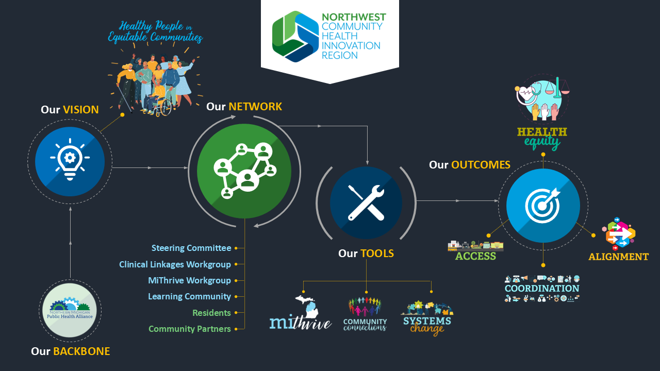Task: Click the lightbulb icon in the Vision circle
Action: click(70, 159)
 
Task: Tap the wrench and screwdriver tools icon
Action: click(366, 203)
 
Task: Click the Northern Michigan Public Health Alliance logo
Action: click(70, 310)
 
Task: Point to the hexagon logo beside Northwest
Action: click(295, 37)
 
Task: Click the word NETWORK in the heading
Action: click(255, 107)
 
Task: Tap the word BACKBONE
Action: click(81, 351)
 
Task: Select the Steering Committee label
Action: click(191, 248)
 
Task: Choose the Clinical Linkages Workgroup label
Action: click(175, 264)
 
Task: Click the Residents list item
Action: click(211, 313)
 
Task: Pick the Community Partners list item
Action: click(189, 329)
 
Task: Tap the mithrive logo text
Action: click(301, 323)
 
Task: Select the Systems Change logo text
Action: click(427, 325)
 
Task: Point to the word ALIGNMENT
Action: click(618, 257)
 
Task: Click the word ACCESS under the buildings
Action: click(475, 256)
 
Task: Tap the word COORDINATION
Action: click(542, 288)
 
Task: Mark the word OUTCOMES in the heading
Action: click(481, 165)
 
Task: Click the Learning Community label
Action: click(189, 296)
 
